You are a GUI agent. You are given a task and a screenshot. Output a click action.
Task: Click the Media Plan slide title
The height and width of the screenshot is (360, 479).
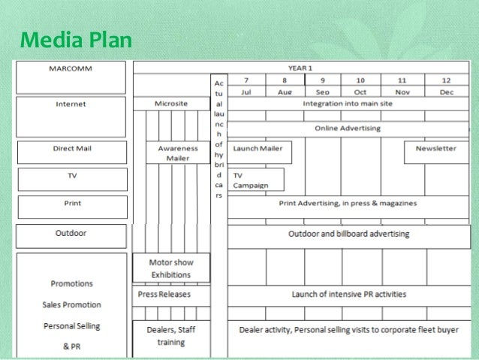[73, 38]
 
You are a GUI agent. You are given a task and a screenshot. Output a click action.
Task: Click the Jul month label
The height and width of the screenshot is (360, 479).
[246, 91]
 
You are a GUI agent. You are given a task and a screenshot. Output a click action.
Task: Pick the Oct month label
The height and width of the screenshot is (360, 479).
[360, 91]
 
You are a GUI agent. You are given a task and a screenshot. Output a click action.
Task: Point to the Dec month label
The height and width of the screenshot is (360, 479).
[447, 91]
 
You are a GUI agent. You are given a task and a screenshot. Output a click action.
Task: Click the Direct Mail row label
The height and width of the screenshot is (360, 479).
[72, 149]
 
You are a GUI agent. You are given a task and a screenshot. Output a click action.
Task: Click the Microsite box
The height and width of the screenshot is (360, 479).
[171, 104]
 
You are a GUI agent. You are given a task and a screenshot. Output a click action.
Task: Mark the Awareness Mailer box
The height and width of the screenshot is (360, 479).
[178, 153]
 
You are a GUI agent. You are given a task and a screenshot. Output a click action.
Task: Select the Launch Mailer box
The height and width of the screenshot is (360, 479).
[258, 149]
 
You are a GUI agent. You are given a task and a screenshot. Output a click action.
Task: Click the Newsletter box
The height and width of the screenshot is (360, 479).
[435, 149]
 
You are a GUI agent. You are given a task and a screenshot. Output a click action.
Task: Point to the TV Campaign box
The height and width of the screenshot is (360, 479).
[257, 180]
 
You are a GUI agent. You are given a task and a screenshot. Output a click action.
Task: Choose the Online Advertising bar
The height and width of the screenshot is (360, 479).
[348, 129]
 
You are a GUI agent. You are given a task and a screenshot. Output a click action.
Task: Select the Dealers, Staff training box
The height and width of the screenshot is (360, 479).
[171, 334]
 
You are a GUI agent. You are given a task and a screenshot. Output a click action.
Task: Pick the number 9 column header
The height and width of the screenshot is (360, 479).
[323, 80]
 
